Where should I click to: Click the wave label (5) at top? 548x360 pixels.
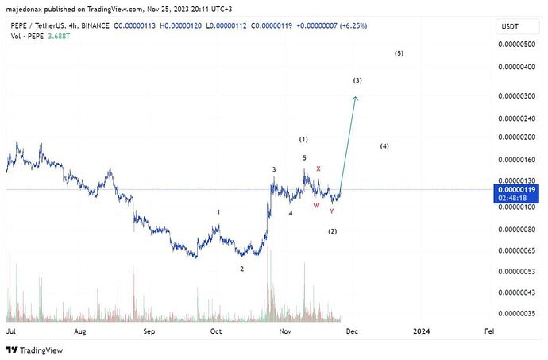pyautogui.click(x=399, y=53)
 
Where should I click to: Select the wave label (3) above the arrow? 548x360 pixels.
pyautogui.click(x=358, y=81)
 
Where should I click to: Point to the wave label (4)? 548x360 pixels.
pyautogui.click(x=384, y=147)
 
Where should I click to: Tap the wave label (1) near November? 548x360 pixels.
pyautogui.click(x=303, y=140)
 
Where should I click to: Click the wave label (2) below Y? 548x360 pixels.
pyautogui.click(x=333, y=231)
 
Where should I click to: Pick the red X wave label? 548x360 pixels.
pyautogui.click(x=318, y=168)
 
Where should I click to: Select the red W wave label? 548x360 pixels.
pyautogui.click(x=315, y=206)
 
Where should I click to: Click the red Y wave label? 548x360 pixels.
pyautogui.click(x=331, y=211)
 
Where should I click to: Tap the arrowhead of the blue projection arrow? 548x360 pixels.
pyautogui.click(x=356, y=98)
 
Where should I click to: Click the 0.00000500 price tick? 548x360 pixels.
pyautogui.click(x=516, y=45)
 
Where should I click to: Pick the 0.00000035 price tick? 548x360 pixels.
pyautogui.click(x=516, y=314)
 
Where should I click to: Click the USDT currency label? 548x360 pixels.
pyautogui.click(x=509, y=27)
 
